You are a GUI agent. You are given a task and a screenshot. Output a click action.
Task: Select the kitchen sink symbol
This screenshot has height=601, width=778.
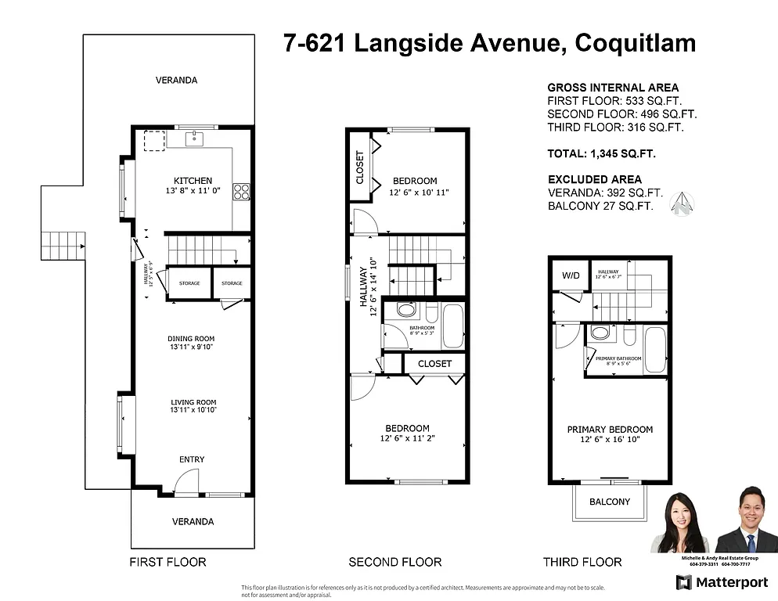tap(195, 139)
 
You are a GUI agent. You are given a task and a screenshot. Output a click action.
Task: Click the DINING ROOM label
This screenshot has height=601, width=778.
tap(191, 339)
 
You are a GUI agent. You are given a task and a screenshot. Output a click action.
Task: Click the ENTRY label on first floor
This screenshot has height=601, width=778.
tap(192, 459)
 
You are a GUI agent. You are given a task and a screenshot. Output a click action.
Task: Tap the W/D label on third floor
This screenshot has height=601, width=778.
tap(570, 275)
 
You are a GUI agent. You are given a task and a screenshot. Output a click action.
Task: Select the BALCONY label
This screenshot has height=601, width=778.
tap(610, 502)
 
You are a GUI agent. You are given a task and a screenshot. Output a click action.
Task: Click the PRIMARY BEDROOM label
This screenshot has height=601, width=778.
tap(610, 430)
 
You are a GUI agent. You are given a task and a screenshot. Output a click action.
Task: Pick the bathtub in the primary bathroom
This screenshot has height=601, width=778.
tap(654, 350)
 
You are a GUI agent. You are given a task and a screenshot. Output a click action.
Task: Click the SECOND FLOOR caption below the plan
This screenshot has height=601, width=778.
tap(394, 562)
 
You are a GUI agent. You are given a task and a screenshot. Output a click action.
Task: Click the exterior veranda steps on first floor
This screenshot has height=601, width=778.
tap(63, 246)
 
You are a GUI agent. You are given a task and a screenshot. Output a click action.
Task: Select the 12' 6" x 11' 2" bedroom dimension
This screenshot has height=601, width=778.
tap(407, 439)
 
